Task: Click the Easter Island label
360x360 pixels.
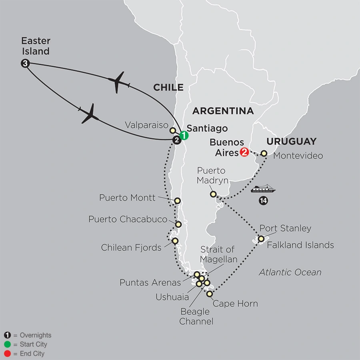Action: click(36, 46)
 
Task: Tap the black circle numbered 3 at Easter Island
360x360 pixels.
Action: click(25, 63)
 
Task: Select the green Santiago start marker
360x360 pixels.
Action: click(184, 135)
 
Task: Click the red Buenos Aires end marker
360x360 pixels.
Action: click(244, 152)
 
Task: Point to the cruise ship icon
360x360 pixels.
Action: click(264, 188)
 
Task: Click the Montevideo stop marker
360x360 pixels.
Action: click(264, 153)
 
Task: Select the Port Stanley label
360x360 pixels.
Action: click(285, 228)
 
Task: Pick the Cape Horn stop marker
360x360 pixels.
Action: click(209, 294)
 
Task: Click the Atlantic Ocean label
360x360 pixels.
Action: click(290, 272)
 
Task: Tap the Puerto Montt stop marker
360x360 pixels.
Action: click(178, 200)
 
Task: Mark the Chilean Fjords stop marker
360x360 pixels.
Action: click(175, 241)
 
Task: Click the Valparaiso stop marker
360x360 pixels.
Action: click(172, 130)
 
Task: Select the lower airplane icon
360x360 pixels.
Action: click(90, 114)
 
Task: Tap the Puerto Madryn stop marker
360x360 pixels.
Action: click(214, 194)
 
